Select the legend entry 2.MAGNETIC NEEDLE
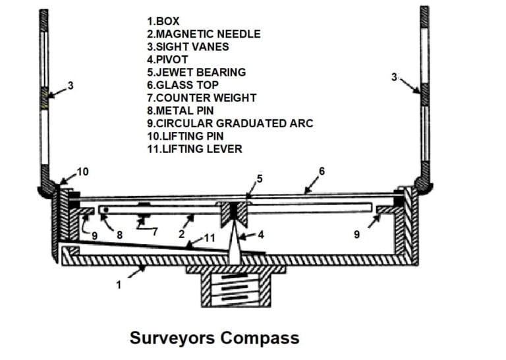(204, 34)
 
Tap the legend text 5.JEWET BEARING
(196, 73)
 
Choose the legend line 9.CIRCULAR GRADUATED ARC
(230, 123)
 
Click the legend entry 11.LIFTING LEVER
(194, 149)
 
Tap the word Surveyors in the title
(172, 338)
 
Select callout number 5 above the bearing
(260, 178)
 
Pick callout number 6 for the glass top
(322, 171)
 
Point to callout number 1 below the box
(119, 285)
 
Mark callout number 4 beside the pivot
(260, 233)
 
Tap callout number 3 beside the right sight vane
(394, 77)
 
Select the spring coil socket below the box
(236, 289)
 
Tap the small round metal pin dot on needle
(104, 210)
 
